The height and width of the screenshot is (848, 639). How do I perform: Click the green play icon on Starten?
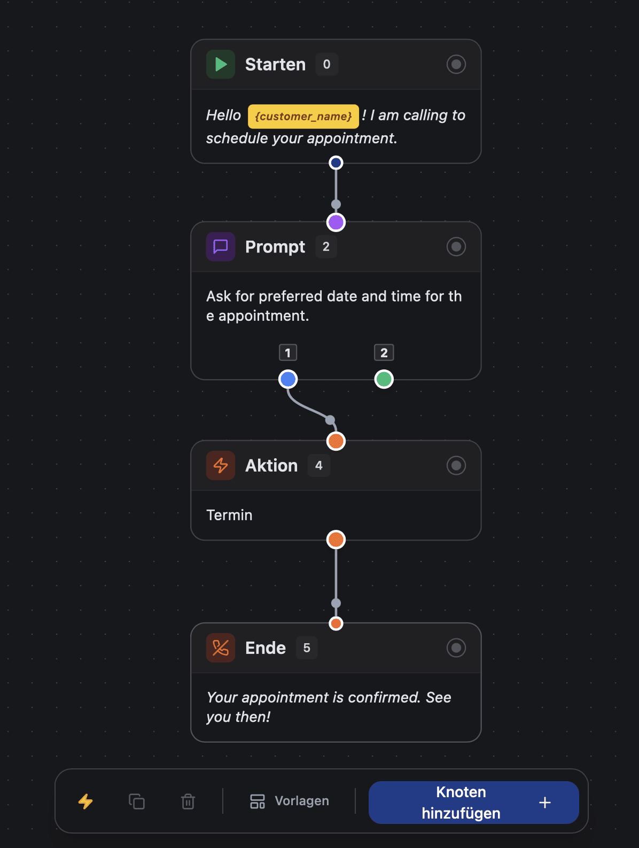(x=221, y=65)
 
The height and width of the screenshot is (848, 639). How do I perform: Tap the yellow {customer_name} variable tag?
(x=303, y=117)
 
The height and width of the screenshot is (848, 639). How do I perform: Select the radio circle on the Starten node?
(x=456, y=65)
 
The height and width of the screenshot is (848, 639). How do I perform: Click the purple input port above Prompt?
(x=336, y=222)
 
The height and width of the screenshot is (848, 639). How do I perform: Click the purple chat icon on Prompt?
(x=221, y=246)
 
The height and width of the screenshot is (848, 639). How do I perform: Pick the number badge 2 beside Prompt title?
(x=326, y=246)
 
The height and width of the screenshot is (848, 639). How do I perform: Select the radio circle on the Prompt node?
(x=456, y=246)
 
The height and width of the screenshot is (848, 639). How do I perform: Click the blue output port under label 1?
(x=288, y=379)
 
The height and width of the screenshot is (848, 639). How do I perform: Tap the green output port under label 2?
(x=384, y=379)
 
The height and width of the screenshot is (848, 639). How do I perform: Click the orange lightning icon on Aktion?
(x=221, y=465)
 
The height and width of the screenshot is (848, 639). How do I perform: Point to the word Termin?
(x=229, y=515)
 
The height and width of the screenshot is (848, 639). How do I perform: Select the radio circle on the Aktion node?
(x=456, y=465)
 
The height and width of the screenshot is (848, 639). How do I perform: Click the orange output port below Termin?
(x=336, y=539)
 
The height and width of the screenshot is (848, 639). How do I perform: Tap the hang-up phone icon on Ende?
(x=221, y=647)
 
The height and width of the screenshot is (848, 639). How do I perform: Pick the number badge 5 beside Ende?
(x=307, y=647)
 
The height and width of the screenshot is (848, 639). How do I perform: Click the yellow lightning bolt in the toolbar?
(x=85, y=801)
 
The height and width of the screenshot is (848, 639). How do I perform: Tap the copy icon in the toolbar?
(x=137, y=801)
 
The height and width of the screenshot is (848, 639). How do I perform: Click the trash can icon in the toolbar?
(x=188, y=801)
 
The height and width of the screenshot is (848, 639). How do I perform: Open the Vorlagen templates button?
(x=290, y=801)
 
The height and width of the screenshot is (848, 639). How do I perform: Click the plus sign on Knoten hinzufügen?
(x=545, y=803)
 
